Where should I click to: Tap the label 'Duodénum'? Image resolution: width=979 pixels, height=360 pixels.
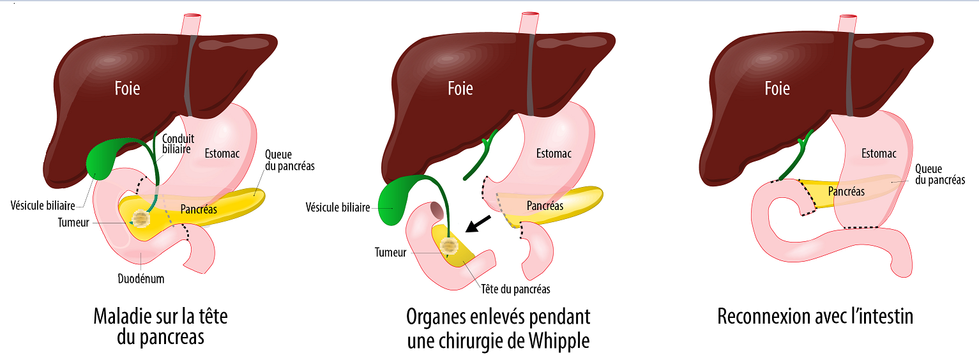coord(141,279)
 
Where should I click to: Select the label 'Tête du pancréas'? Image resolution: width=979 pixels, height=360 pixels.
coord(515,289)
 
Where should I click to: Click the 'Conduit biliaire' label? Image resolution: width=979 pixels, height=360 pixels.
coord(178,144)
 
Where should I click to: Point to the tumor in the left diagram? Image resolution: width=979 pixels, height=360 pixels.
coord(140,218)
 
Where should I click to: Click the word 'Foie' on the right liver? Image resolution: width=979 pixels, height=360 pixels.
coord(777,88)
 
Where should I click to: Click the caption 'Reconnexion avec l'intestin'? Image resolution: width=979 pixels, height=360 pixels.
coord(816,317)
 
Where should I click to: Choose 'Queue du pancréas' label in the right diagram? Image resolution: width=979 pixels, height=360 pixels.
coord(939,174)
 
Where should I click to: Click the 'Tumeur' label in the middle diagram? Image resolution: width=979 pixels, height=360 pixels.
coord(390,252)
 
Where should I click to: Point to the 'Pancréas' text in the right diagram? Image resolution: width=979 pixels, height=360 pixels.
coord(846,191)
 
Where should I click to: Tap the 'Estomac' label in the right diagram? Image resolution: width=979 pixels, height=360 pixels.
coord(879,153)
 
